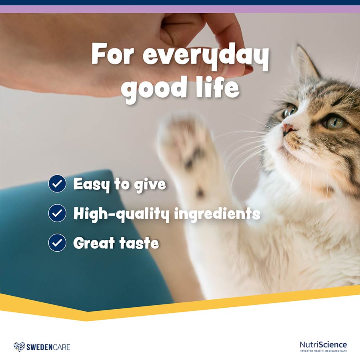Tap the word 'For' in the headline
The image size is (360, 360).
112,54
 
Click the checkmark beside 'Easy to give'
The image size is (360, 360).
57,184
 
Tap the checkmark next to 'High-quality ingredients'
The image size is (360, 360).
57,213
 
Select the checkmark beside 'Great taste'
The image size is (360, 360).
57,243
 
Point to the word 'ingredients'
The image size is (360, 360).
217,214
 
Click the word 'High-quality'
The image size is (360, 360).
121,214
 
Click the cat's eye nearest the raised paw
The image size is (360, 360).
290,111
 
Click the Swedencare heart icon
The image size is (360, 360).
19,347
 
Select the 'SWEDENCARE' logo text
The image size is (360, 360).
48,347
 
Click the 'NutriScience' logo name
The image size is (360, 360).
323,345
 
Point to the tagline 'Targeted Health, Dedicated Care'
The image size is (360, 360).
323,351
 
